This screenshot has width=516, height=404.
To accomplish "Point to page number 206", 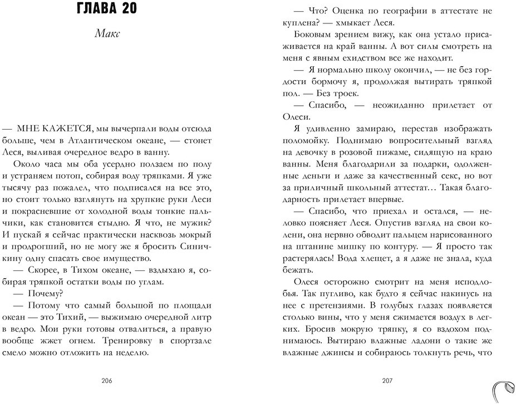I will point(107,381).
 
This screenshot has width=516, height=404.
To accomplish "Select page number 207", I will point(387,381).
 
